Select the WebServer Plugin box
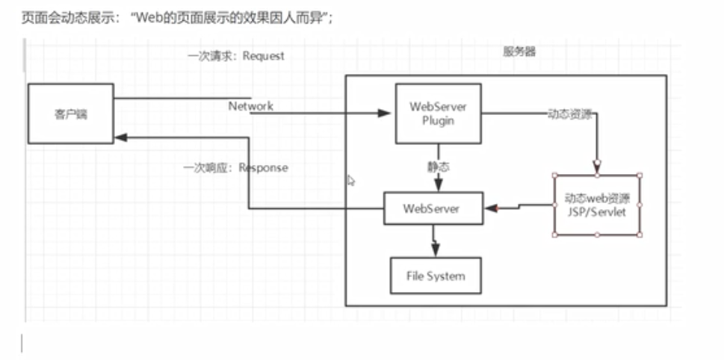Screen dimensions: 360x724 pos(437,113)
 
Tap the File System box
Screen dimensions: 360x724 pos(436,276)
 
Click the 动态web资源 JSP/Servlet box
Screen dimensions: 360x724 pos(597,205)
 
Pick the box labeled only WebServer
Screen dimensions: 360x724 pos(433,208)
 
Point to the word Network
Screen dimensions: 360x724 pos(250,106)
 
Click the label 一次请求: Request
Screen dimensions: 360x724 pos(235,56)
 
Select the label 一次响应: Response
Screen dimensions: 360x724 pos(235,168)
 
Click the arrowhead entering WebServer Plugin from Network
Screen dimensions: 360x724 pos(385,114)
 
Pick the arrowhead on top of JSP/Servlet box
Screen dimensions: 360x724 pos(597,167)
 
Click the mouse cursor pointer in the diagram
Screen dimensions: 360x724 pos(351,180)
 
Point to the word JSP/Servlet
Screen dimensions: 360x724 pos(597,213)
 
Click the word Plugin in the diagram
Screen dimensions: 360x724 pos(437,121)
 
